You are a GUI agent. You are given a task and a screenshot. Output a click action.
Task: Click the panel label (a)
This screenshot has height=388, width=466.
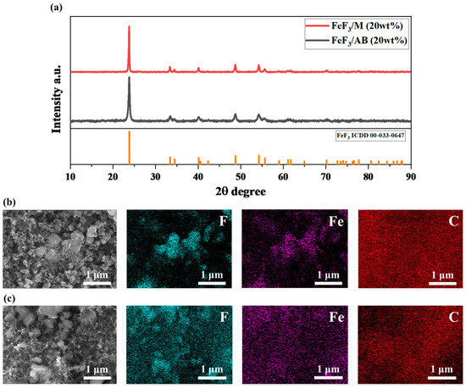click(x=9, y=9)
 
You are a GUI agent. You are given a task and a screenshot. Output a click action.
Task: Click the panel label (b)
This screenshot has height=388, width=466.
click(x=9, y=203)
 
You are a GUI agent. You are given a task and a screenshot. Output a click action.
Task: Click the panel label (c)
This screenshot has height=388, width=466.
click(x=9, y=297)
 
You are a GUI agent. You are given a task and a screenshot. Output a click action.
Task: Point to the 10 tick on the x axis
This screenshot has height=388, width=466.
click(x=70, y=175)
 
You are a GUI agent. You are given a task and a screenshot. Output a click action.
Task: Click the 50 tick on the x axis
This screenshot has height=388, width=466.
click(x=241, y=175)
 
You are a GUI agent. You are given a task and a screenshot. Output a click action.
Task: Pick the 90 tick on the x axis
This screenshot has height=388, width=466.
click(x=411, y=175)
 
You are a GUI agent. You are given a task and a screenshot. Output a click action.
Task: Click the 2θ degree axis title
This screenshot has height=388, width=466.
click(x=241, y=191)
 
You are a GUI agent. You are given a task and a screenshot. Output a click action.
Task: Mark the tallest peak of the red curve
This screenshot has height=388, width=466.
click(x=129, y=27)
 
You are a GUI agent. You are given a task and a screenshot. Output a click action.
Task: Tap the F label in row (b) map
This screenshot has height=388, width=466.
click(x=223, y=222)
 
